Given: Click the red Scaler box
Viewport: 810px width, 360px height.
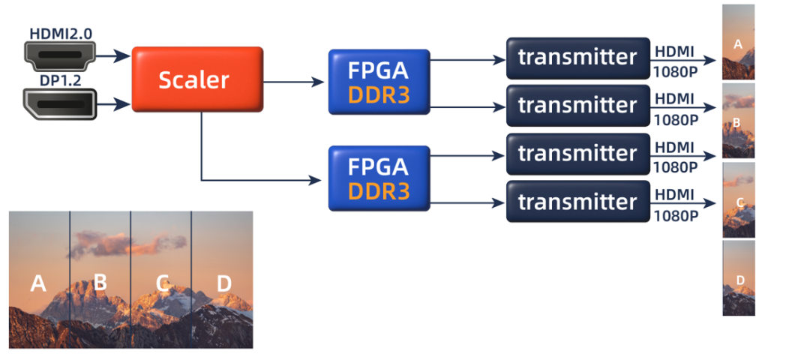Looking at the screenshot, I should pyautogui.click(x=197, y=79).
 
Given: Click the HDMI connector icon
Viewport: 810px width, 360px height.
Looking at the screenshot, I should pyautogui.click(x=59, y=55).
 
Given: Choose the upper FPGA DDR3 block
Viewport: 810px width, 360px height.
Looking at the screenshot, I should pyautogui.click(x=378, y=82).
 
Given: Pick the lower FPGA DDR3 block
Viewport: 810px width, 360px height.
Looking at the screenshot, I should pyautogui.click(x=378, y=178).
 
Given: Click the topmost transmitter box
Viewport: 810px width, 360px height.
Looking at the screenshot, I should pyautogui.click(x=577, y=57).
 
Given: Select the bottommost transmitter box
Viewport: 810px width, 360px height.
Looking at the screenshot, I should pyautogui.click(x=577, y=202).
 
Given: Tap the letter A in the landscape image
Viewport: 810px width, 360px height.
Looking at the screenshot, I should pyautogui.click(x=38, y=283).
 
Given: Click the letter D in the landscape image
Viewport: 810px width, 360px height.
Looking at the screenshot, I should pyautogui.click(x=223, y=283).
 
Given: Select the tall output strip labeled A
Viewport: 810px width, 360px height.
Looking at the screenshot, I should pyautogui.click(x=738, y=43).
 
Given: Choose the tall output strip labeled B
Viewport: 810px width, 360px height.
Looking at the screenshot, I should pyautogui.click(x=738, y=121).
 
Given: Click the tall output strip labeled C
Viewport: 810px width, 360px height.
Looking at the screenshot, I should pyautogui.click(x=739, y=200).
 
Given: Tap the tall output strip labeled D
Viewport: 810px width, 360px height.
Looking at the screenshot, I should pyautogui.click(x=739, y=278).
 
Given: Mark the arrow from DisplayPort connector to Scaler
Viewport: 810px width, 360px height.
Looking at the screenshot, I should pyautogui.click(x=112, y=103).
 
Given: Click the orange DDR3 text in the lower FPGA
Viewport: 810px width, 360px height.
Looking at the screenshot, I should pyautogui.click(x=378, y=191).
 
